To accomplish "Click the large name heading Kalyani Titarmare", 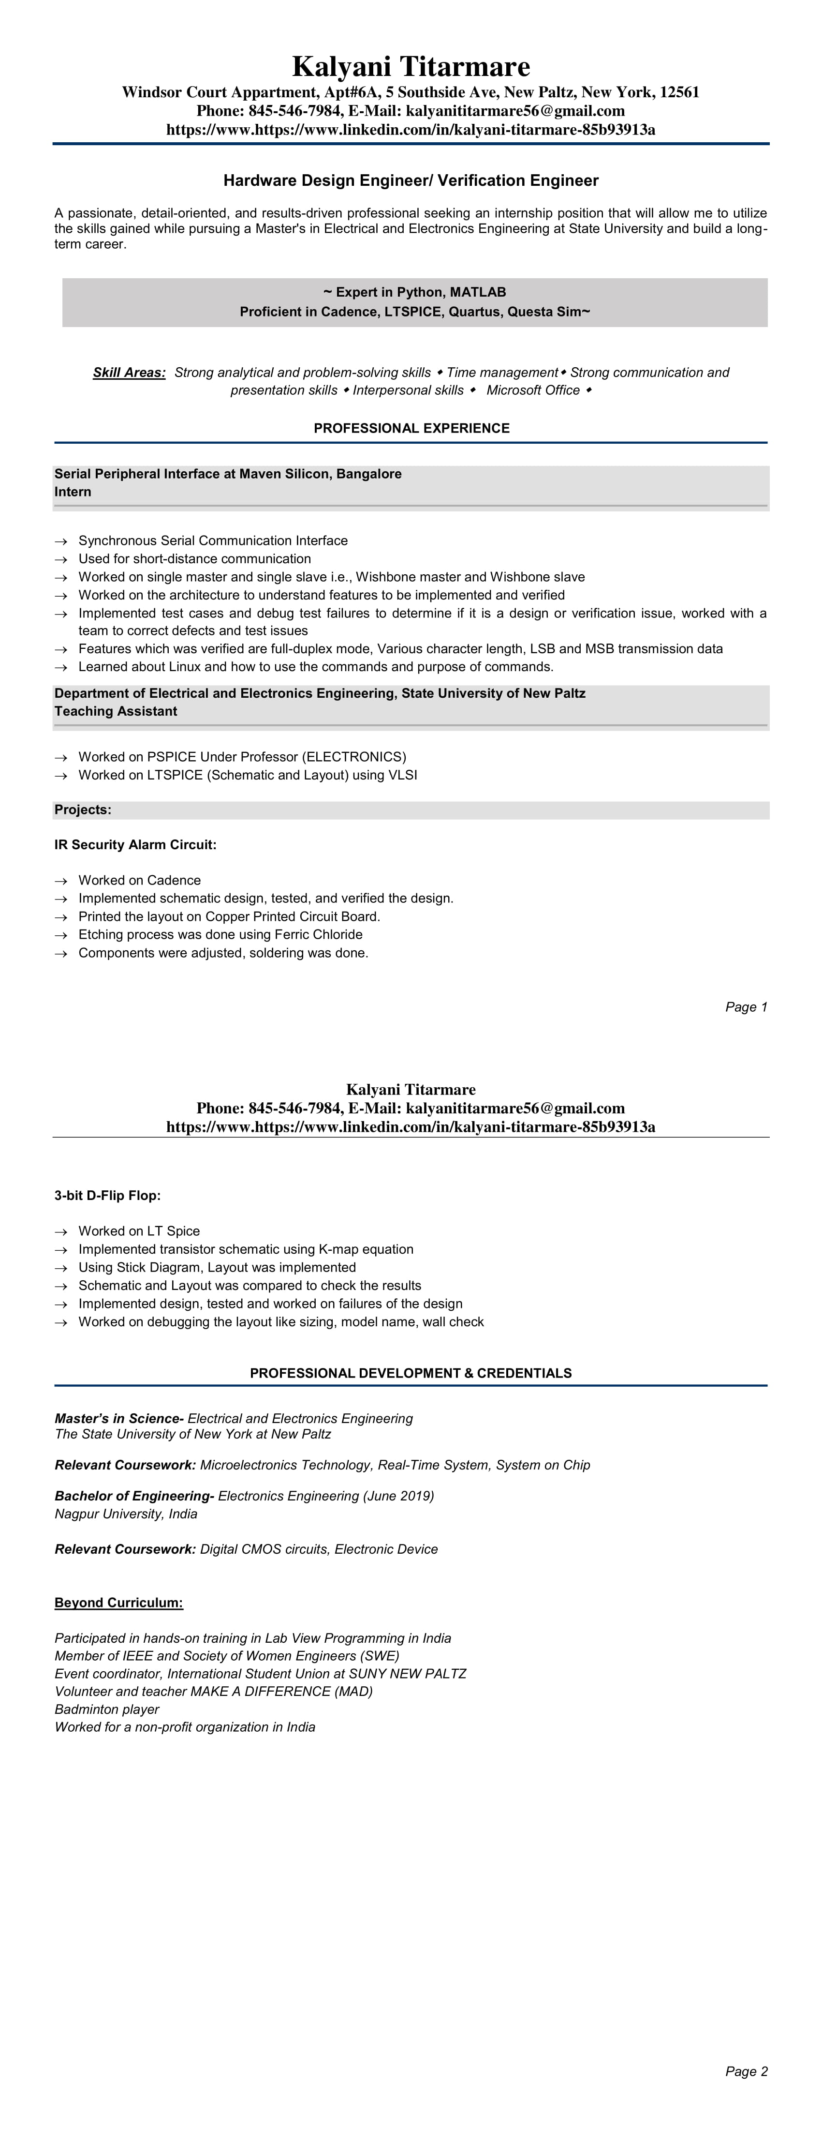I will click(411, 67).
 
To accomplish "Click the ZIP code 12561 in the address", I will click(679, 92).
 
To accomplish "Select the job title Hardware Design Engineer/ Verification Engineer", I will click(411, 180).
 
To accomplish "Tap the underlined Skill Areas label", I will click(129, 373).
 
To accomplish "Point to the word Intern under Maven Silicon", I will click(73, 492).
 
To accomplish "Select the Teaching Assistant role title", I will click(116, 712).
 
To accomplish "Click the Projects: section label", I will click(83, 810).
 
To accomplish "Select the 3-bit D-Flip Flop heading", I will click(107, 1196).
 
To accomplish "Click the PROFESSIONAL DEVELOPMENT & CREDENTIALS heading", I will click(411, 1373).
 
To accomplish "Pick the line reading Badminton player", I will click(106, 1709).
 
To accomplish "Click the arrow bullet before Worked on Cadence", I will click(60, 881).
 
